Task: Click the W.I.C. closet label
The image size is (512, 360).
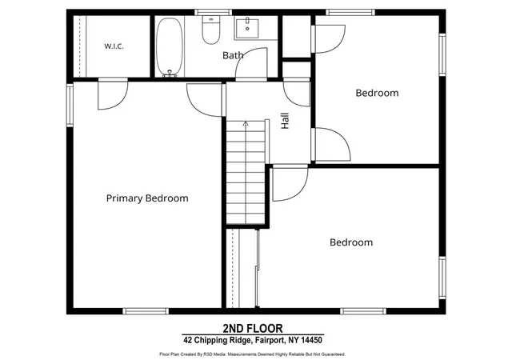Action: [x=114, y=46]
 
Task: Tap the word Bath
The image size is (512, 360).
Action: [x=233, y=55]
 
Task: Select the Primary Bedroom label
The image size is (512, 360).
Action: [x=147, y=198]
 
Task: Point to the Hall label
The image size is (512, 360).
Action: [x=285, y=121]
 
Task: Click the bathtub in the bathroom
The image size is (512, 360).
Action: [x=170, y=47]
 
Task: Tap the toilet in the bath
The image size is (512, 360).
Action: [x=211, y=30]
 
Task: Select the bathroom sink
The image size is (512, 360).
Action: [x=247, y=29]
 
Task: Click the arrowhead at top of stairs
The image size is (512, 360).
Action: [x=246, y=123]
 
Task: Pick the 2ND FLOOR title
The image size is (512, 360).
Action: [x=253, y=328]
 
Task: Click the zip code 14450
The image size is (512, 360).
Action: [x=311, y=340]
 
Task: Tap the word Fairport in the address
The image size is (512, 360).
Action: [x=270, y=340]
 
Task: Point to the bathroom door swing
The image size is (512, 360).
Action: [x=251, y=64]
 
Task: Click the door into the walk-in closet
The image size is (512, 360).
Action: [x=113, y=94]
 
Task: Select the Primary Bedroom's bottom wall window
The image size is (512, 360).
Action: [x=146, y=311]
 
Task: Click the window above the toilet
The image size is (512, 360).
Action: [x=214, y=13]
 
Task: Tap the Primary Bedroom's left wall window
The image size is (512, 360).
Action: [x=70, y=105]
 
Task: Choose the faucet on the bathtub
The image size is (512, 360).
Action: [x=170, y=74]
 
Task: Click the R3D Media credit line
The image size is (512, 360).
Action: [x=252, y=354]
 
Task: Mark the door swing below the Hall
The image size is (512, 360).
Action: [x=290, y=183]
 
